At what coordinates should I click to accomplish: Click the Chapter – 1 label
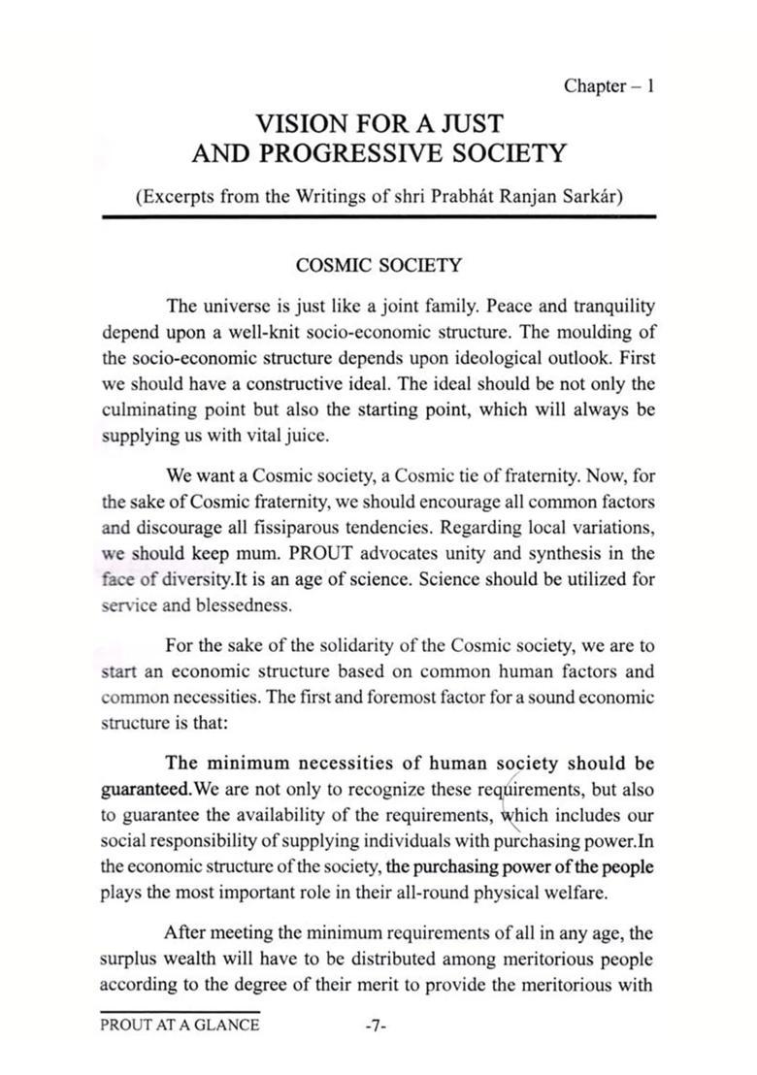609,86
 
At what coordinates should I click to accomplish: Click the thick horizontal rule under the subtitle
378,219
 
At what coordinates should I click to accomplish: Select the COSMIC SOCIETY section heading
378,265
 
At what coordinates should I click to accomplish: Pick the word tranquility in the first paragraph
608,308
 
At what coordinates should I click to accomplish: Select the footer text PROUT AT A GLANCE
180,1026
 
